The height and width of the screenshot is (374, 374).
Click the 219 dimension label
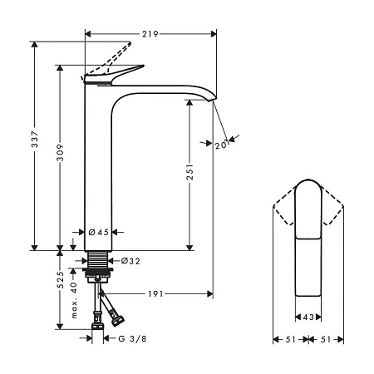tap(150, 34)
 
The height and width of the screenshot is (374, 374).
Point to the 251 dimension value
tap(190, 173)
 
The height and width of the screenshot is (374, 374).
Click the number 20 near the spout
tap(221, 145)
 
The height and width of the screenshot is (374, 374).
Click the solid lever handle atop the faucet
tap(116, 75)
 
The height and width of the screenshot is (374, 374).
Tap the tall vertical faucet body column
tap(98, 166)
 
